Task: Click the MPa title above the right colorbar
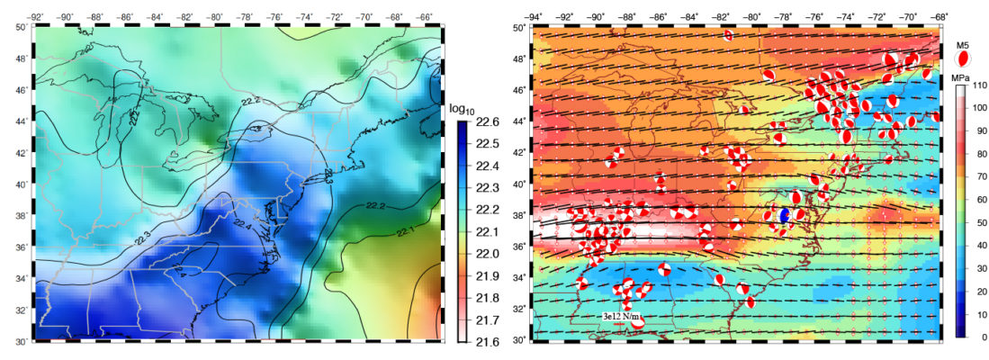coord(962,77)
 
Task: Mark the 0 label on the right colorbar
coord(976,337)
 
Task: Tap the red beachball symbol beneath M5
coord(962,58)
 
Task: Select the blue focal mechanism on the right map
coord(784,215)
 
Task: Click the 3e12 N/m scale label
coord(627,318)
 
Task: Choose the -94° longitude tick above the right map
coord(534,16)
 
